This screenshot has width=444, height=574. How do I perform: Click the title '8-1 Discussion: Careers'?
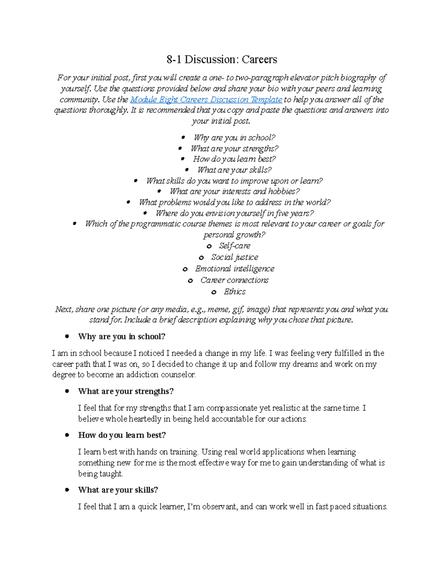[222, 60]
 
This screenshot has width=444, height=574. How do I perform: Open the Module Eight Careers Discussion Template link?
[206, 99]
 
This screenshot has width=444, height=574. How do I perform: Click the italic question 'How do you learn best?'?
[234, 159]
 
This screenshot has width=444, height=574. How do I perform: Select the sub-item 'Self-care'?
[234, 246]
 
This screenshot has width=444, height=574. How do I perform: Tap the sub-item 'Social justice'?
[235, 257]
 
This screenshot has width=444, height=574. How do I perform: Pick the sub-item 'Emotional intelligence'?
[235, 269]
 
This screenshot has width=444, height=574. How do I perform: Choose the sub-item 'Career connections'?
[234, 280]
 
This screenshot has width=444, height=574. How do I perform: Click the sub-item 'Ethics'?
[235, 292]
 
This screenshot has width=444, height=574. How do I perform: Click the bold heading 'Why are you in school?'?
[121, 337]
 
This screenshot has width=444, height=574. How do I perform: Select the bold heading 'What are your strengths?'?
[126, 391]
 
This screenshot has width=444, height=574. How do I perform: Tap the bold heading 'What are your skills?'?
[118, 490]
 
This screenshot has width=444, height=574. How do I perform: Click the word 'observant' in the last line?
[219, 507]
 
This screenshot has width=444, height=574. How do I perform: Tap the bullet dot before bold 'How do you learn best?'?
[67, 435]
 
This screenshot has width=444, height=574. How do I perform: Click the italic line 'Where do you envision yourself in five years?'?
[235, 213]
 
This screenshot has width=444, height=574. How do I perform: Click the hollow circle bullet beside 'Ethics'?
[214, 292]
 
